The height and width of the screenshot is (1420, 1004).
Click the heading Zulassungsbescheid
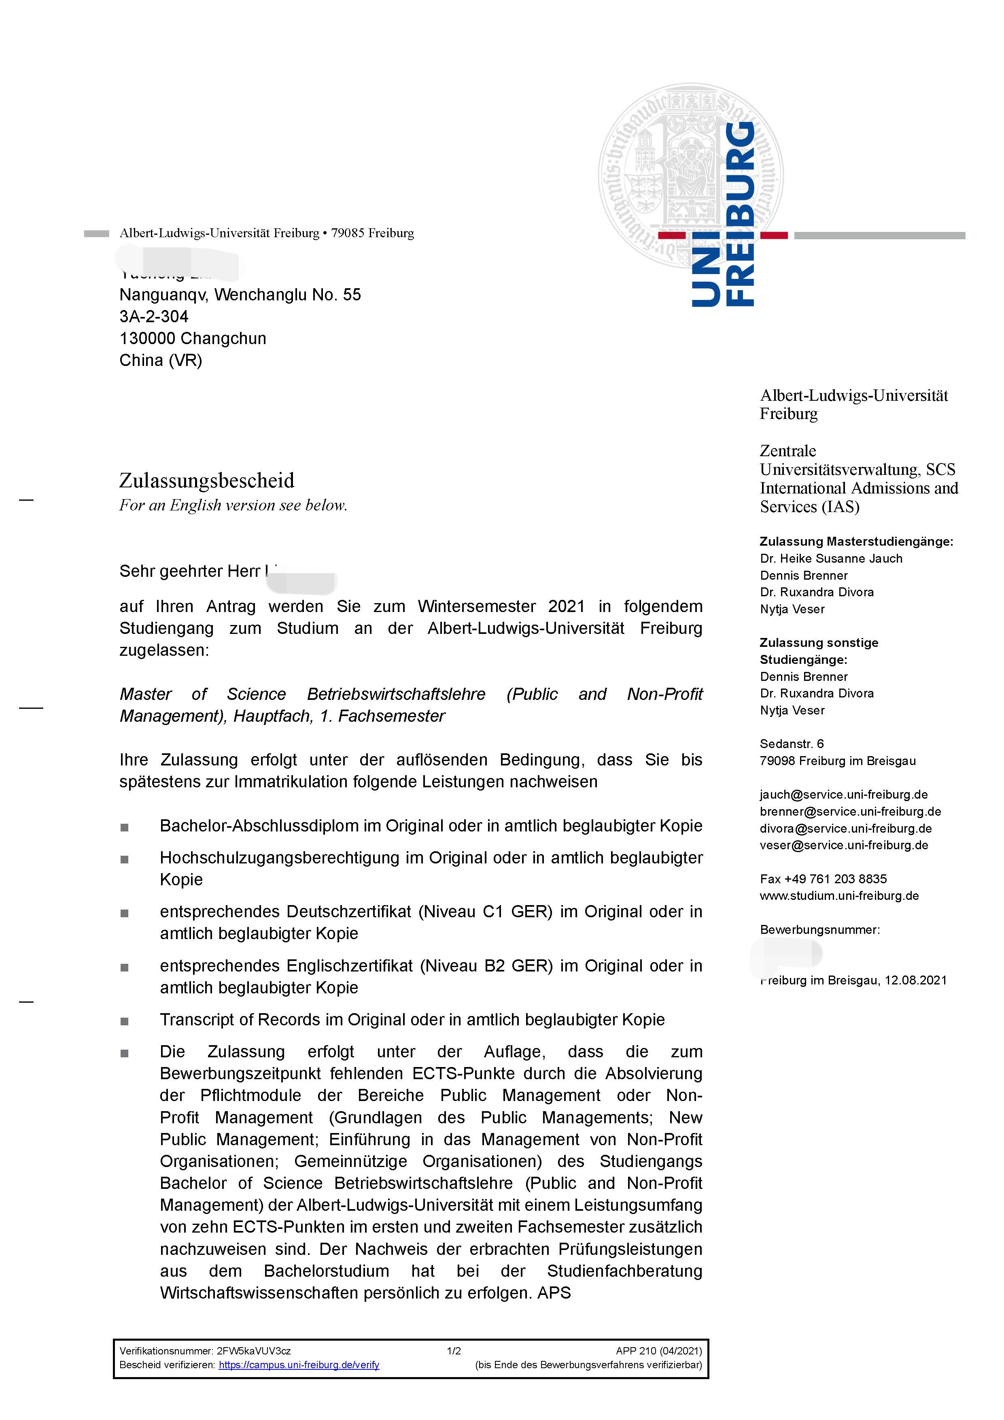(206, 480)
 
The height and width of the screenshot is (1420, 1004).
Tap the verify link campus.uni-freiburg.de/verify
(299, 1365)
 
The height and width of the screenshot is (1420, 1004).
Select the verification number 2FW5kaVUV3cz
(253, 1351)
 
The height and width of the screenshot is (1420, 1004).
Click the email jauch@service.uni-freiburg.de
(844, 795)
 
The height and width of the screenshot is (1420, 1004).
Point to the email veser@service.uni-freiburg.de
(844, 846)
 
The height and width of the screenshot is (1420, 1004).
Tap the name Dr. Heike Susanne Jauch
(831, 559)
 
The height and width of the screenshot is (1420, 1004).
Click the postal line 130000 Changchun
(193, 338)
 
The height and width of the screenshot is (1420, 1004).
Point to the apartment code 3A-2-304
(154, 317)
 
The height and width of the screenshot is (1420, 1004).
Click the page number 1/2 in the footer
(454, 1351)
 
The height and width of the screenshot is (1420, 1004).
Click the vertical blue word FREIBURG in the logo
(739, 213)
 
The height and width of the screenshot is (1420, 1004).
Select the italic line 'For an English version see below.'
(233, 505)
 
